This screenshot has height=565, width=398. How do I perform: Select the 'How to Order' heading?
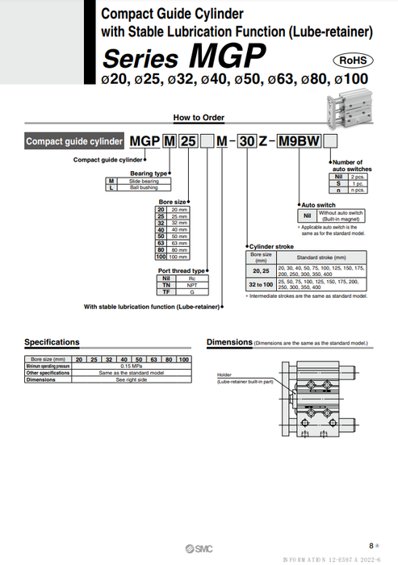(198, 117)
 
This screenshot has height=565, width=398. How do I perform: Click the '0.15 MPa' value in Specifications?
(132, 366)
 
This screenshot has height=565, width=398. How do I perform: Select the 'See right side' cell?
(132, 379)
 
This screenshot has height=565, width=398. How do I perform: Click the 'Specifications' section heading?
(52, 342)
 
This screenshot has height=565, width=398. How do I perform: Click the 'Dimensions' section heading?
(229, 342)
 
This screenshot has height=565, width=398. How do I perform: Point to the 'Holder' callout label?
(224, 375)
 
